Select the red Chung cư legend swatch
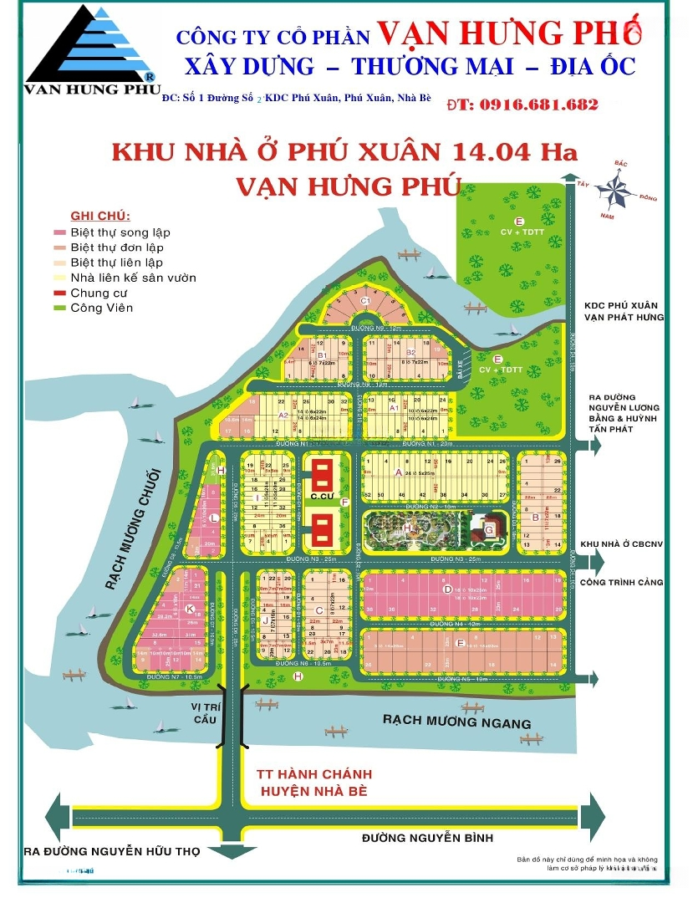pos(59,293)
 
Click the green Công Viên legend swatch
pos(59,308)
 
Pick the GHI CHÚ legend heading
pos(94,216)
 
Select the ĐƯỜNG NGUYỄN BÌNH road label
pos(427,838)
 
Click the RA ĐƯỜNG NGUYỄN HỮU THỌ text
pos(112,852)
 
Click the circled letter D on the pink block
pos(448,589)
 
